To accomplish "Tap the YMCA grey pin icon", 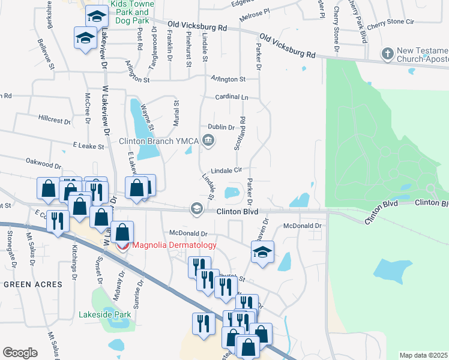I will point(208,142).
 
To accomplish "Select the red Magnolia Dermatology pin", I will point(122,245).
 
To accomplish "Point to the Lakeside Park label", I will point(104,314).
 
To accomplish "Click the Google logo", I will point(20,353).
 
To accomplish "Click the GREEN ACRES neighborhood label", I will point(34,284).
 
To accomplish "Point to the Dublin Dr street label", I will point(221,127).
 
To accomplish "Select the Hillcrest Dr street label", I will point(55,119).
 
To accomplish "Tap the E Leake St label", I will point(88,146).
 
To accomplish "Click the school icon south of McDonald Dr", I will point(262,253).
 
